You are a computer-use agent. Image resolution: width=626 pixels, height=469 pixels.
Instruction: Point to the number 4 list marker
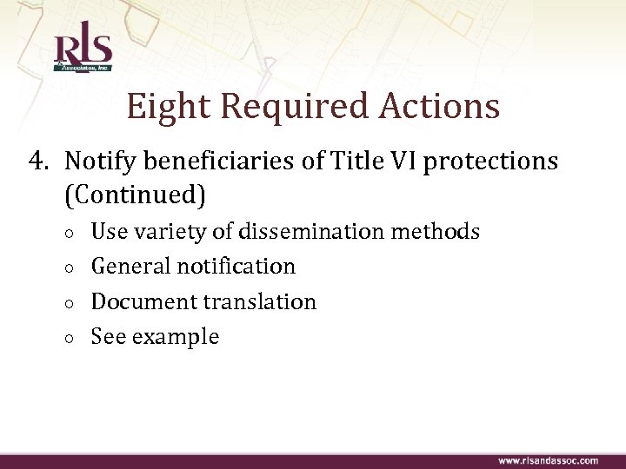pos(36,162)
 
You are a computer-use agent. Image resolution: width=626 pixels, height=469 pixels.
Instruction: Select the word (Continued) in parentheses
pos(135,196)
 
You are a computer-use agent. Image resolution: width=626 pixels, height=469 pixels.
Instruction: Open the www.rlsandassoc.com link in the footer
pos(548,460)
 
